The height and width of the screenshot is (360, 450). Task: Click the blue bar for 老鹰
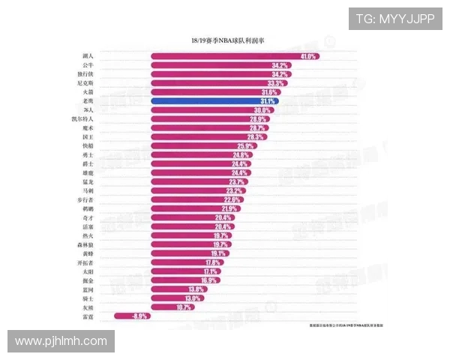pos(214,101)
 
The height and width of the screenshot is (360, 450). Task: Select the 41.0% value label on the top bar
pos(308,56)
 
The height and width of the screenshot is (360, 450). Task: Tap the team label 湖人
pos(88,56)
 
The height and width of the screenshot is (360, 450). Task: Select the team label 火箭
pos(88,92)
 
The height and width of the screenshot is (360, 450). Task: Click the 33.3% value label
pos(276,83)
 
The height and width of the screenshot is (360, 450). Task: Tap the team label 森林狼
pos(85,244)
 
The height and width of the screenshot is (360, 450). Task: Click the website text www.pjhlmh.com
pos(62,341)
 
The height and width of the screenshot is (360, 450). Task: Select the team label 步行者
pos(85,200)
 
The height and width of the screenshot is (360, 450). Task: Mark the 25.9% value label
pos(245,146)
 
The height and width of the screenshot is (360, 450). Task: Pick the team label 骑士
pos(88,298)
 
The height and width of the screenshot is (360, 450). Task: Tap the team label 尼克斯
pos(85,83)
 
